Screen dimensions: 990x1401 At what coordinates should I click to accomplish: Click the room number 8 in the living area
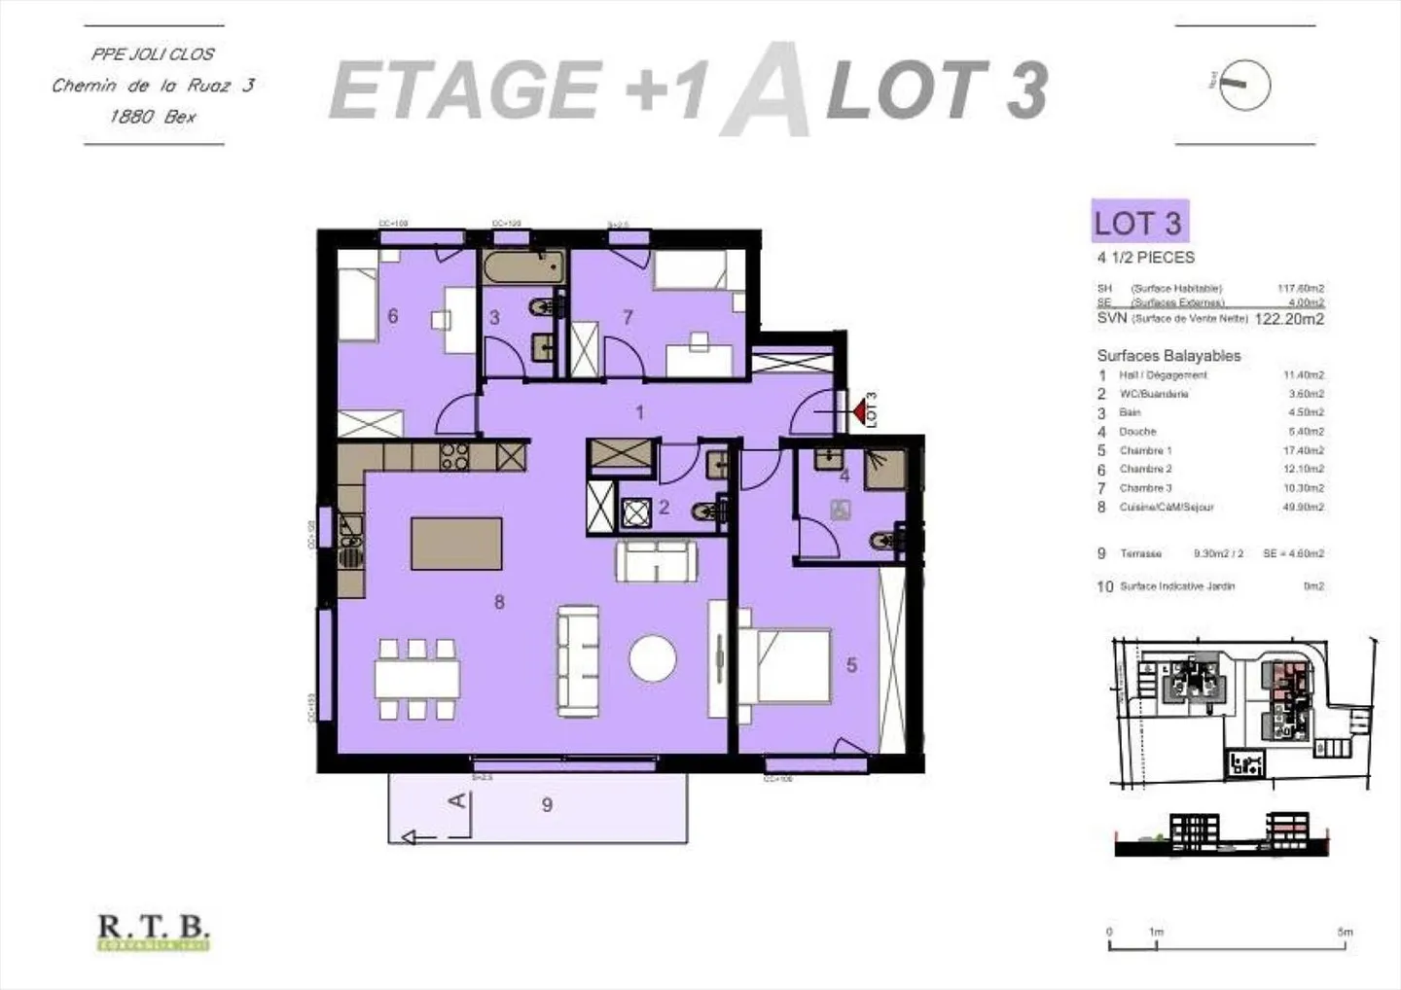pos(499,602)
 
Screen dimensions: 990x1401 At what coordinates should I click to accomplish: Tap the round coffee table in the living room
pos(652,659)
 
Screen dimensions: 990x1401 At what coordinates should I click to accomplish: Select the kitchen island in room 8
pos(456,544)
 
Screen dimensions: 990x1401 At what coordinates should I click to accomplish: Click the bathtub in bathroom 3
pos(522,265)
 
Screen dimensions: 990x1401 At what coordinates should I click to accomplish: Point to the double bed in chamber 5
pos(785,664)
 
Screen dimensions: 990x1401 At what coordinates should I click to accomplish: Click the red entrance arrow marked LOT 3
pos(859,413)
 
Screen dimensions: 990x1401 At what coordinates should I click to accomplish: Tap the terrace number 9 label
pos(547,804)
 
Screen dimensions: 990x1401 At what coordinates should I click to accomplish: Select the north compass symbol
pos(1245,85)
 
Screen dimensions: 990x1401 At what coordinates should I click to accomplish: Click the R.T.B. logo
pos(154,932)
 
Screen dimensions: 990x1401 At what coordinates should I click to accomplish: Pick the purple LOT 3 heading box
pos(1137,222)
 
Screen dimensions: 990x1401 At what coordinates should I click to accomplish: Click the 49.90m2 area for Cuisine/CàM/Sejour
pos(1303,507)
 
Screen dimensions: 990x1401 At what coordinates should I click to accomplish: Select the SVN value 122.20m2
pos(1289,319)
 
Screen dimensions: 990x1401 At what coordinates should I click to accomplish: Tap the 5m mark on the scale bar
pos(1345,932)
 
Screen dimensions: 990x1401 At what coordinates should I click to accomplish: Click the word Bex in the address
pos(180,117)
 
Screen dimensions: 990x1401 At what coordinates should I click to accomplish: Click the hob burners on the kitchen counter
pos(454,456)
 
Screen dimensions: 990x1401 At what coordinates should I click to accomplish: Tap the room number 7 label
pos(628,317)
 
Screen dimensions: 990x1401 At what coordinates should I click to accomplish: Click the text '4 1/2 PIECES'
pos(1145,258)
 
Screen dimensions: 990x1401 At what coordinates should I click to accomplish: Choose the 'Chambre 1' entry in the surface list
pos(1145,450)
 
